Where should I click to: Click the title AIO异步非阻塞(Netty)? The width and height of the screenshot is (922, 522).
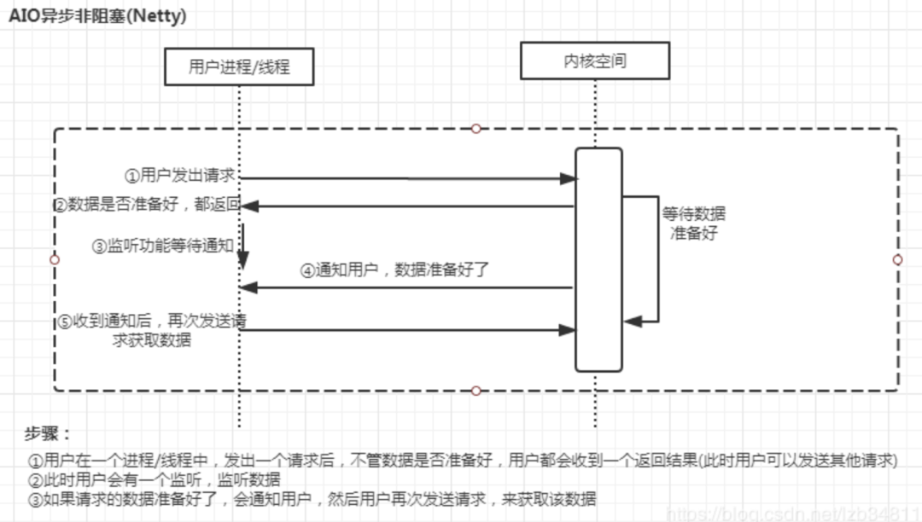point(98,15)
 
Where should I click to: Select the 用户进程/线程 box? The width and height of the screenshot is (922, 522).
point(239,67)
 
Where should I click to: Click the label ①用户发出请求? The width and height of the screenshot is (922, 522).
point(180,176)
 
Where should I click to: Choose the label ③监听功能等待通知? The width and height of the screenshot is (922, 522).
point(162,246)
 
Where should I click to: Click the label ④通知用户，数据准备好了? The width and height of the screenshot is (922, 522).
point(394,271)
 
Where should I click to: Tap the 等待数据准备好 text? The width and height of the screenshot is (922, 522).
point(693,223)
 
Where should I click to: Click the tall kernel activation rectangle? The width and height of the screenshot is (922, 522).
point(598,259)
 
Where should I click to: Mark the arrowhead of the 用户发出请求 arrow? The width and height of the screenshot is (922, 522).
point(569,179)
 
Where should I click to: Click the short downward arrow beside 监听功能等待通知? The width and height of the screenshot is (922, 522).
point(242,247)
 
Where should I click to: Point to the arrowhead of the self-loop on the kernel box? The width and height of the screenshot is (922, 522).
point(631,322)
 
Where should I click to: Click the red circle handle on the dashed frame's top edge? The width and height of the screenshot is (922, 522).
point(476,129)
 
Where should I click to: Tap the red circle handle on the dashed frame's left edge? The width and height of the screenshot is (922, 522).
point(55,259)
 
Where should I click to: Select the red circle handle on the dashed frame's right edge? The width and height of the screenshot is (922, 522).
point(897,259)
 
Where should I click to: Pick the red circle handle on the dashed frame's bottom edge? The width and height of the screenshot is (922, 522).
point(476,391)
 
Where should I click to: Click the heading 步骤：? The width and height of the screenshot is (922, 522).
point(48,434)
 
